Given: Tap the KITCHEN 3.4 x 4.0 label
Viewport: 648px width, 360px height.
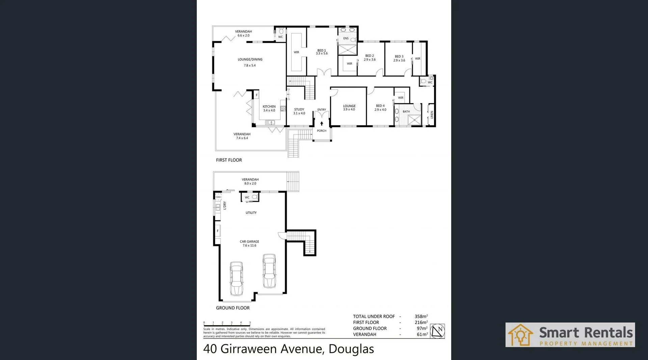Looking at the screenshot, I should tap(269, 108).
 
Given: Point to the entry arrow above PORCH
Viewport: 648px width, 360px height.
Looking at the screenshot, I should tap(322, 123).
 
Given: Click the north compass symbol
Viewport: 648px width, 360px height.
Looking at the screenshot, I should tap(437, 331).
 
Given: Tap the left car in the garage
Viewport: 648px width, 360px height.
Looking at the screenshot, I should tap(236, 278).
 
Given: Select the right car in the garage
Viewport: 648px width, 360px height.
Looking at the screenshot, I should tap(269, 271).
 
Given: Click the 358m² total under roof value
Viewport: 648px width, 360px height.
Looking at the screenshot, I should tap(421, 316).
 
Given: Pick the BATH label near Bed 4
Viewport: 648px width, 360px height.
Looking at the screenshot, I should tap(406, 111).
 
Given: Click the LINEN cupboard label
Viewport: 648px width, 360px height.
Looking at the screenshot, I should tap(432, 115).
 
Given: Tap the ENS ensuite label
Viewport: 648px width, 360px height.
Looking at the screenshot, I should tap(346, 38).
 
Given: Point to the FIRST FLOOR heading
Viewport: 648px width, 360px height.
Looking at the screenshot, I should tap(229, 160).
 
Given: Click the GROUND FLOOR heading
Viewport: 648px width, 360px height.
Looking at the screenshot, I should tap(233, 308).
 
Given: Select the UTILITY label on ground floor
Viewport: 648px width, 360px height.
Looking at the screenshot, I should tap(251, 213).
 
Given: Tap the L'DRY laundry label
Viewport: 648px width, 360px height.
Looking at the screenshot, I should tap(225, 205).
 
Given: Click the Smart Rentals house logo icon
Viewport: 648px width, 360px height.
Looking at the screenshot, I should tap(520, 335).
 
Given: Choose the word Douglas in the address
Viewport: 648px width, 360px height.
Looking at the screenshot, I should tap(351, 349).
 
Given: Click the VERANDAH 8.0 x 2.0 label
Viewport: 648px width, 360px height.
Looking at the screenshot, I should tap(250, 182).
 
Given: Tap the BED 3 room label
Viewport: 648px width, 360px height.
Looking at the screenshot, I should tap(399, 58).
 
